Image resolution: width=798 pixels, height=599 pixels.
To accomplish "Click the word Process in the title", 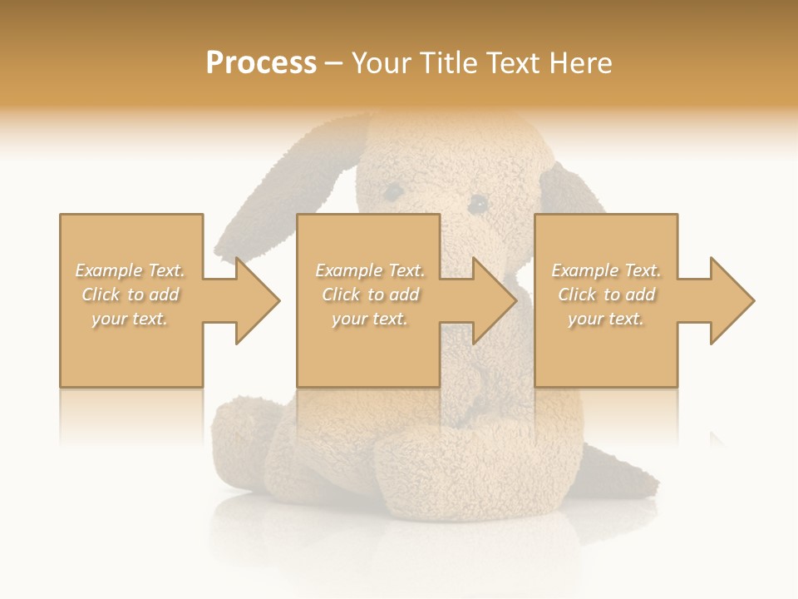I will [x=261, y=63].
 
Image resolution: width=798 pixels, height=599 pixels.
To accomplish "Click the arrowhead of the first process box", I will [x=258, y=300].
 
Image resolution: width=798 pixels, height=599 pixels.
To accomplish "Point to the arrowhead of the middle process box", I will [x=495, y=300].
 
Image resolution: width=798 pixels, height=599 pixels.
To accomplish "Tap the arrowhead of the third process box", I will [x=732, y=300].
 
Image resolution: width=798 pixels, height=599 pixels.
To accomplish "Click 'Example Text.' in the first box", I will [x=130, y=270].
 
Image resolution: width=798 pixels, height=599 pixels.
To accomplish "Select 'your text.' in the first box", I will [x=130, y=319].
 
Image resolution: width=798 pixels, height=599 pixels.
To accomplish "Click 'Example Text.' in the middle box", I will [x=370, y=270].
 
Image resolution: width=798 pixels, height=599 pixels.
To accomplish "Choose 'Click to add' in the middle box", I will [x=370, y=295].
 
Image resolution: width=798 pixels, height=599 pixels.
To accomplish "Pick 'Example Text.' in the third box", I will [x=606, y=270].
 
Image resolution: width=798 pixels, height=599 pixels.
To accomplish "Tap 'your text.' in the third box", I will [x=606, y=319].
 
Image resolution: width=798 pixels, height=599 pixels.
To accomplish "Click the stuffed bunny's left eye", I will [x=392, y=192].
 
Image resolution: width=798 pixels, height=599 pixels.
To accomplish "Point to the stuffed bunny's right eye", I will [x=477, y=203].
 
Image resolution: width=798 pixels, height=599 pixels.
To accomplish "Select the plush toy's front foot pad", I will [x=432, y=466].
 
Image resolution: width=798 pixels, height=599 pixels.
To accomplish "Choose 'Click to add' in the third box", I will [x=606, y=295].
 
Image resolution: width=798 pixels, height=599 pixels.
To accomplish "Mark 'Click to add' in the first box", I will [x=130, y=295].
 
